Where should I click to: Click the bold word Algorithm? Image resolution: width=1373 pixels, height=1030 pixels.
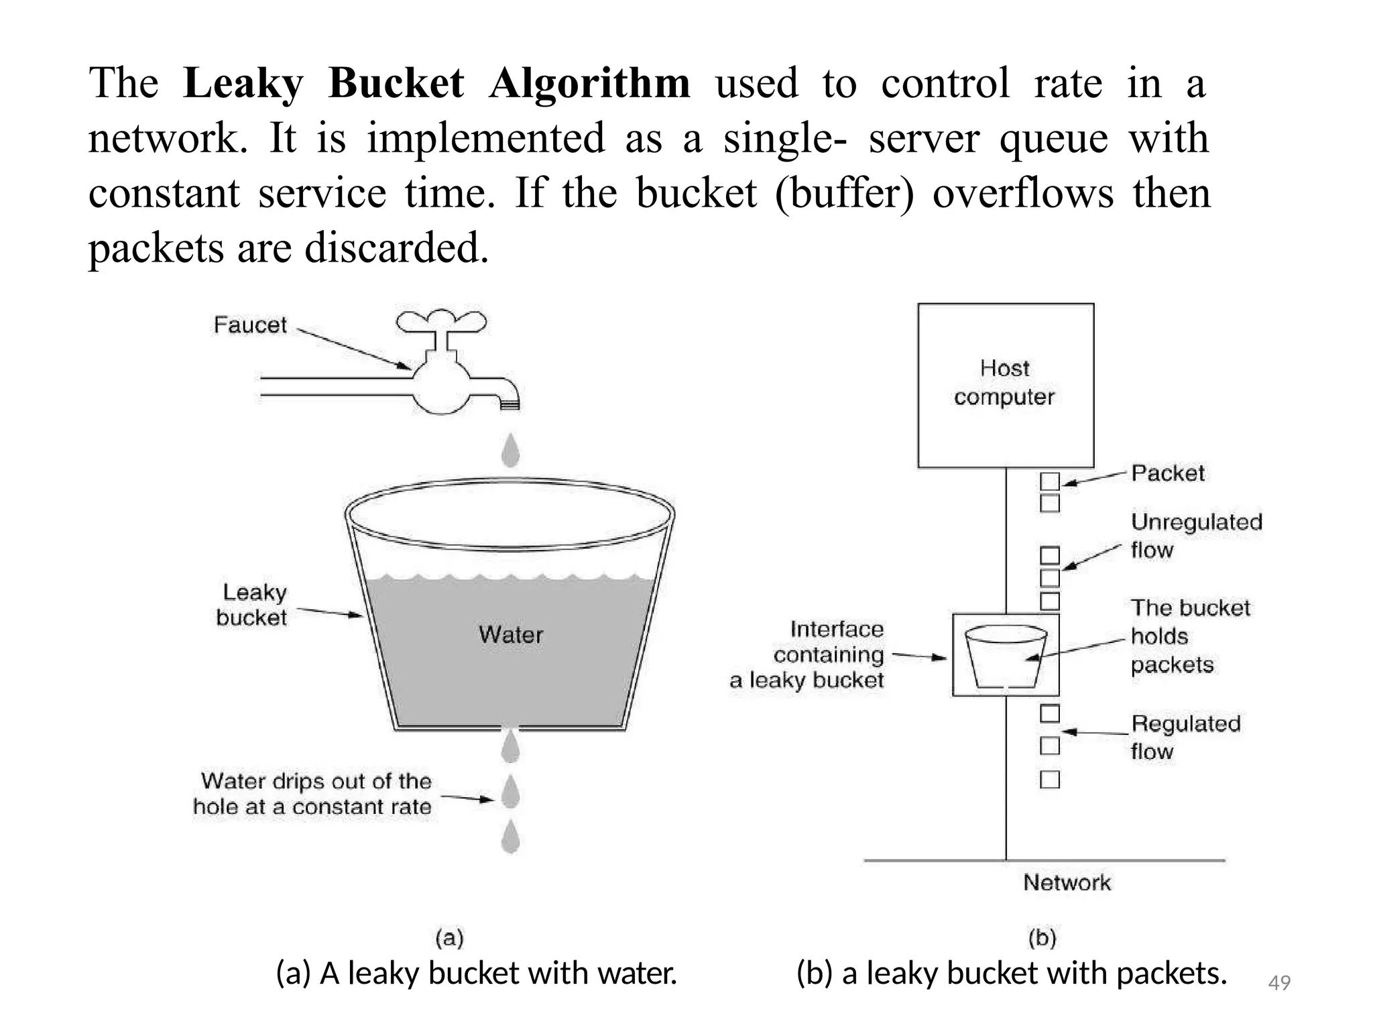589,84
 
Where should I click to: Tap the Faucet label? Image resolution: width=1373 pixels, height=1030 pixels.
250,325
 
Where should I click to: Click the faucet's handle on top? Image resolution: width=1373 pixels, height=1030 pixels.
441,322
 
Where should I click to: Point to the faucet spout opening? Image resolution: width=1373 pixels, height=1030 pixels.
510,404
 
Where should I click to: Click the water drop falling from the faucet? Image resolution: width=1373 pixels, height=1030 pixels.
511,449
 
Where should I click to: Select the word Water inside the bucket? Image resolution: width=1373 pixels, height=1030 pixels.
511,634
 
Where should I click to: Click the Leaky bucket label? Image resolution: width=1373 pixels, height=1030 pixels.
252,605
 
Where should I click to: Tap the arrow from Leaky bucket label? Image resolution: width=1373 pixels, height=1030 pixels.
329,612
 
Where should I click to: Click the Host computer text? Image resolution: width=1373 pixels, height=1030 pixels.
1004,382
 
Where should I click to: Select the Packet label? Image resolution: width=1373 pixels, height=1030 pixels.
1168,473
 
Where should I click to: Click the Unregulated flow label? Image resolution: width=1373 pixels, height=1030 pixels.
1196,536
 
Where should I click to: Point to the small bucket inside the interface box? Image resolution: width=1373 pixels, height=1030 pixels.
1006,656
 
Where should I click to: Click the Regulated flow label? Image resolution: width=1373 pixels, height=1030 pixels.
1185,737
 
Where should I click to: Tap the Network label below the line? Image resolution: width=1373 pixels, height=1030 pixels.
1067,882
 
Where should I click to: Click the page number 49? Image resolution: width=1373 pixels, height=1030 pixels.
1279,983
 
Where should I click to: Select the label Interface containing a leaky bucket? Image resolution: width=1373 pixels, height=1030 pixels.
807,654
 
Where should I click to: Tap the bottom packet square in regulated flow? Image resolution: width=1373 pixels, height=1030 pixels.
1050,779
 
